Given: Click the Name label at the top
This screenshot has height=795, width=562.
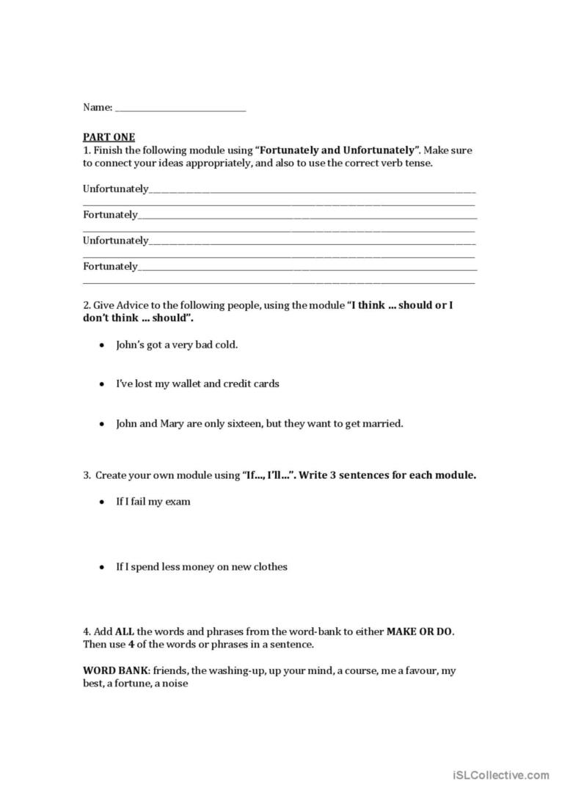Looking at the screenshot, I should (x=97, y=107).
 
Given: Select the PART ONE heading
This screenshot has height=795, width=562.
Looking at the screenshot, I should (x=109, y=136).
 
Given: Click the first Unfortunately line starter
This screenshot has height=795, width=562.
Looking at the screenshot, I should (x=115, y=188).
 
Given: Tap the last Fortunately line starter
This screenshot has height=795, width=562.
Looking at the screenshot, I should (x=110, y=266).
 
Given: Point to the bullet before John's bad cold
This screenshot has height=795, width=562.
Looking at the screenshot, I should (x=101, y=344).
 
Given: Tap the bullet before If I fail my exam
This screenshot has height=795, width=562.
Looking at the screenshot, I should (x=101, y=502).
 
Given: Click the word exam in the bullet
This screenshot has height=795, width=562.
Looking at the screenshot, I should (x=179, y=502).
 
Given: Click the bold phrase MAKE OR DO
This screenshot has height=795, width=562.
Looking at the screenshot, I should (x=425, y=631).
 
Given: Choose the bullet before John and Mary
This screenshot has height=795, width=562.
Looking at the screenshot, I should (x=101, y=423).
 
